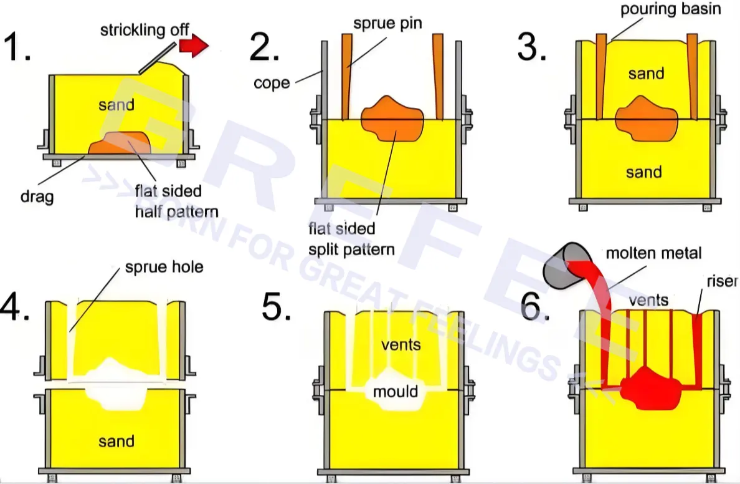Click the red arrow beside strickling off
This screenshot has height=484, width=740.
pyautogui.click(x=194, y=46)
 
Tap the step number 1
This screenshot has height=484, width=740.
pyautogui.click(x=17, y=47)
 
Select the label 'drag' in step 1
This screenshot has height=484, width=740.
pyautogui.click(x=37, y=196)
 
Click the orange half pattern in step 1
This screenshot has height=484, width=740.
pyautogui.click(x=120, y=143)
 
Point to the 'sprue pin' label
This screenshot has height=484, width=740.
pyautogui.click(x=387, y=24)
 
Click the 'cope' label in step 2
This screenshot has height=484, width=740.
pyautogui.click(x=272, y=83)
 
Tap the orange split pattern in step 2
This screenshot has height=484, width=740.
pyautogui.click(x=392, y=119)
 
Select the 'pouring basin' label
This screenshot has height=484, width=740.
pyautogui.click(x=670, y=9)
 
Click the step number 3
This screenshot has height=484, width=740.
pyautogui.click(x=532, y=48)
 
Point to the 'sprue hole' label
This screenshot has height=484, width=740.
pyautogui.click(x=164, y=267)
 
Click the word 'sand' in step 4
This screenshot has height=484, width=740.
pyautogui.click(x=116, y=441)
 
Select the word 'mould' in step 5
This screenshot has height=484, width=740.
pyautogui.click(x=396, y=391)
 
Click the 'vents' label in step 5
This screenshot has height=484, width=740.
pyautogui.click(x=401, y=344)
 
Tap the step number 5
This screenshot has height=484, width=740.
pyautogui.click(x=276, y=307)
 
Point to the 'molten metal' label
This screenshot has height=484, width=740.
pyautogui.click(x=653, y=253)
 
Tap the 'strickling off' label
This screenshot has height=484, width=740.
pyautogui.click(x=145, y=30)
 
